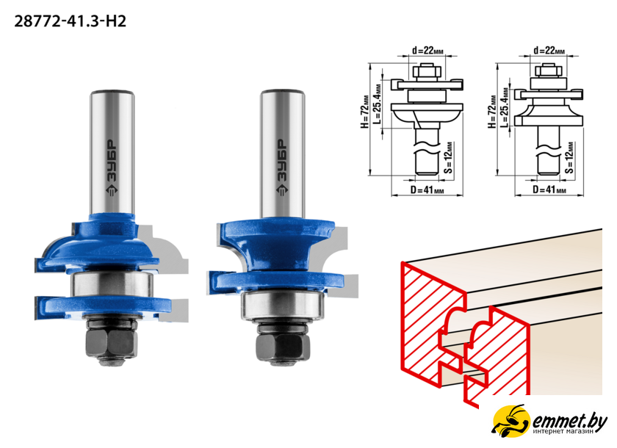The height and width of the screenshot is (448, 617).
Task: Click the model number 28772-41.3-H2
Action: click(x=70, y=21)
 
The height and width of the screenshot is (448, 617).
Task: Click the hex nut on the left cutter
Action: click(x=112, y=342)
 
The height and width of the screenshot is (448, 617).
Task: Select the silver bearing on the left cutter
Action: click(x=112, y=290)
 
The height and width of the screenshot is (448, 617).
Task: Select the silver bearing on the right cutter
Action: click(x=283, y=306)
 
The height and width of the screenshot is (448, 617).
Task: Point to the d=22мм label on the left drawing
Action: click(x=427, y=51)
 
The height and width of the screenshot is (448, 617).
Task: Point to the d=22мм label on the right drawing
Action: click(x=549, y=51)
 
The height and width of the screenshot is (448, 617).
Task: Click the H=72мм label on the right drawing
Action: click(x=492, y=112)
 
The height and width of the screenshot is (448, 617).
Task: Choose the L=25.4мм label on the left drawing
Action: click(x=378, y=103)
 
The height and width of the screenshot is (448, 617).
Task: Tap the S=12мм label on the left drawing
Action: click(x=448, y=158)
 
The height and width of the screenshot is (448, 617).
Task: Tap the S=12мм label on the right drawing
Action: click(x=569, y=158)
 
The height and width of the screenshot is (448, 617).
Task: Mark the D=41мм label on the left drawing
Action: click(x=427, y=190)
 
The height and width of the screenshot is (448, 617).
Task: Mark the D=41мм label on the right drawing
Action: click(x=549, y=190)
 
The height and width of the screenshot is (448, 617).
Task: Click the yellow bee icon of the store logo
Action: click(x=510, y=421)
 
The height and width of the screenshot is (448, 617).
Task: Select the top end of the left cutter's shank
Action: click(x=112, y=93)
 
